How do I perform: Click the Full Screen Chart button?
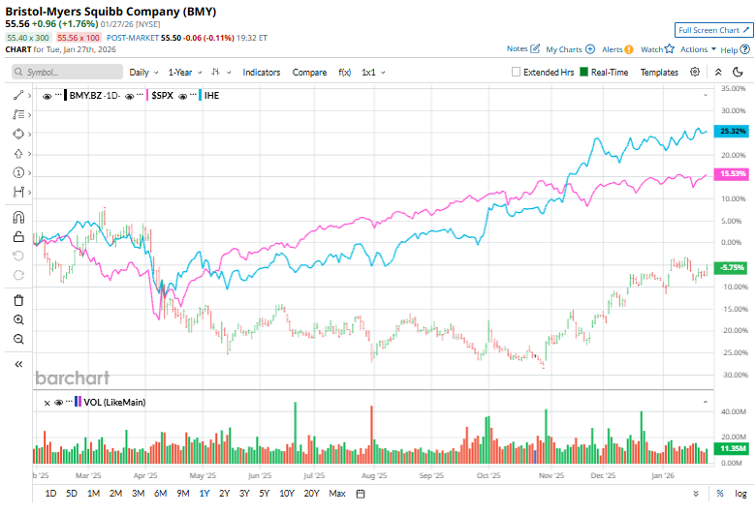click(x=712, y=31)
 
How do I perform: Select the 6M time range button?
click(x=160, y=494)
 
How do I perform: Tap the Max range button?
click(x=337, y=494)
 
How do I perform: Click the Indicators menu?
click(x=261, y=72)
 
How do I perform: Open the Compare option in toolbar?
click(x=309, y=72)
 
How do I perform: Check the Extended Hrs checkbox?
click(x=518, y=72)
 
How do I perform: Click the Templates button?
click(x=659, y=72)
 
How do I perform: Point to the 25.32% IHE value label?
click(x=733, y=131)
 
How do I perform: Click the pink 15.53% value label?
click(x=733, y=174)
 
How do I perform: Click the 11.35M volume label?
click(x=733, y=449)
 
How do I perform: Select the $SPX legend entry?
click(x=162, y=95)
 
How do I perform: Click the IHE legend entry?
click(x=210, y=95)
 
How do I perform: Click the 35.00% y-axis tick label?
click(x=733, y=88)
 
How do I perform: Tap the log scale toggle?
click(x=740, y=494)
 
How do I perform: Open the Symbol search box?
click(x=68, y=72)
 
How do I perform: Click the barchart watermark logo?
click(x=73, y=378)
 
